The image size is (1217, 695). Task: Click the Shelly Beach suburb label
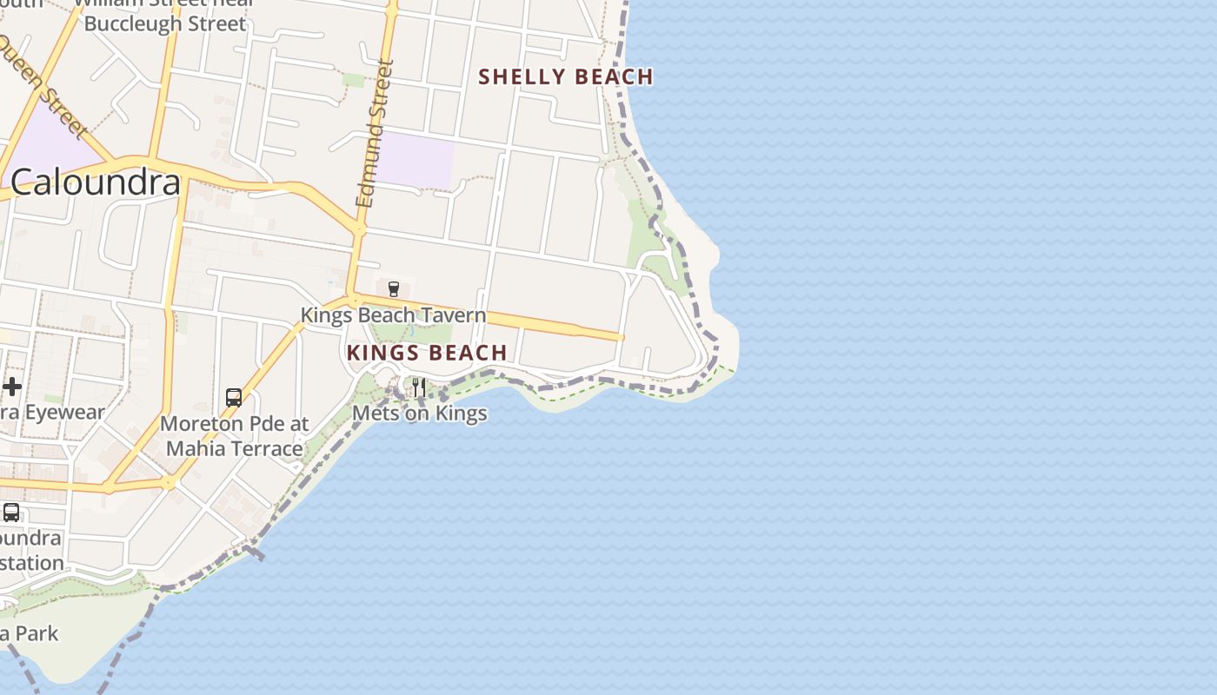coord(566,76)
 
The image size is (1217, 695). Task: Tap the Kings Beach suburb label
coord(427,353)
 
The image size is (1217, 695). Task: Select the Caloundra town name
coord(96,182)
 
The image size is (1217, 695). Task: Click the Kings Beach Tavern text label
coord(393,314)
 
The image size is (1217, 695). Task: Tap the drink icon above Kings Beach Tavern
coord(393,288)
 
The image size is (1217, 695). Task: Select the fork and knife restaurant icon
coord(419,386)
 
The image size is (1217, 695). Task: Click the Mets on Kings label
coord(419,414)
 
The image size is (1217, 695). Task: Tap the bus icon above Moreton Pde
coord(234,398)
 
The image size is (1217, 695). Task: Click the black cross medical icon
coord(12,386)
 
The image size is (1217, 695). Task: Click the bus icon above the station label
coord(11,513)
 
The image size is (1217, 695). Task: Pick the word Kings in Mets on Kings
coord(461,414)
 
